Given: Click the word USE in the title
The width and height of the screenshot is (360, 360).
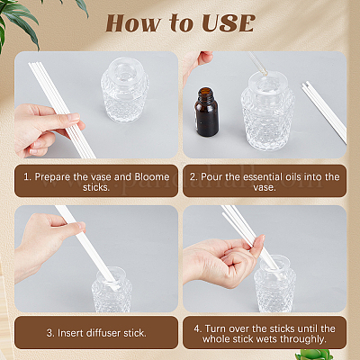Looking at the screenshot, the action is point(229,23).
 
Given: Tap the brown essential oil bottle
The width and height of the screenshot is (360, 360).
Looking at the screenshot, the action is point(206,112).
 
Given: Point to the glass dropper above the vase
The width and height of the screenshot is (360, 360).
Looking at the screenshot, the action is point(257,64).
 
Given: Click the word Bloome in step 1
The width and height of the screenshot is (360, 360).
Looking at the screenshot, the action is point(152,176).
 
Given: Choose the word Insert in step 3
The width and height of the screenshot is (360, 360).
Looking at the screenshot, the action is point(70,333).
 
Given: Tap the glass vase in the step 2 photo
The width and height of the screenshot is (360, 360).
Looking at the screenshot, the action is point(267,111).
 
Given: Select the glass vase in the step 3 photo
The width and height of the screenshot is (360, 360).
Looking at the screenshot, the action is point(112,290).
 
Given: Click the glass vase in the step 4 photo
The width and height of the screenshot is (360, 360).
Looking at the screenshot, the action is point(274,284).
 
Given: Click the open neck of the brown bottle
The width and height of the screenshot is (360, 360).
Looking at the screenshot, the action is point(206,90).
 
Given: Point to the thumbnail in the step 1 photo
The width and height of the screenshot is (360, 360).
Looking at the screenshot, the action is point(73,117).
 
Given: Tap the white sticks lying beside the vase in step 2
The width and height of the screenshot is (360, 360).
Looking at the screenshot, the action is point(324,112).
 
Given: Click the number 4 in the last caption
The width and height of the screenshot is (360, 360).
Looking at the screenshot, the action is point(197,328).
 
